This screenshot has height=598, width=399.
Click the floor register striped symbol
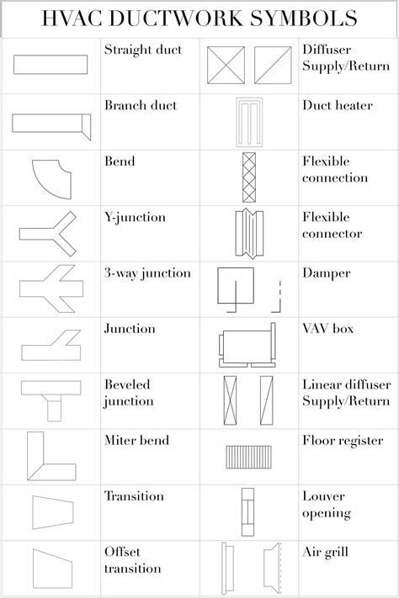pyautogui.click(x=249, y=457)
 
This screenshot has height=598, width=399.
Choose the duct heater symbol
pyautogui.click(x=249, y=122)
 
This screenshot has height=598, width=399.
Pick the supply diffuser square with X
pyautogui.click(x=226, y=65)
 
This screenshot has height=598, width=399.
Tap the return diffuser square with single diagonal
pyautogui.click(x=273, y=65)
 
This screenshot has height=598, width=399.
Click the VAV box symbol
pyautogui.click(x=247, y=345)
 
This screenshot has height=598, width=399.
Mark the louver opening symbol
pyautogui.click(x=247, y=512)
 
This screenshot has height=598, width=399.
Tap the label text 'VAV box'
pyautogui.click(x=328, y=328)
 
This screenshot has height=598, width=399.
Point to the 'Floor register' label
pyautogui.click(x=343, y=441)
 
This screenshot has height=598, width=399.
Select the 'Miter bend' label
pyautogui.click(x=136, y=440)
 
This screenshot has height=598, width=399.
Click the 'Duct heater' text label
pyautogui.click(x=338, y=105)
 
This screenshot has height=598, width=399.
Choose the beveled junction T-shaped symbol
pyautogui.click(x=51, y=388)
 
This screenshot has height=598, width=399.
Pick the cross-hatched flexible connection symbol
pyautogui.click(x=249, y=177)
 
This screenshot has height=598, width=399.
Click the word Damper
pyautogui.click(x=327, y=273)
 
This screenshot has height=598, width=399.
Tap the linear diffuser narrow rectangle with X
pyautogui.click(x=231, y=400)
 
